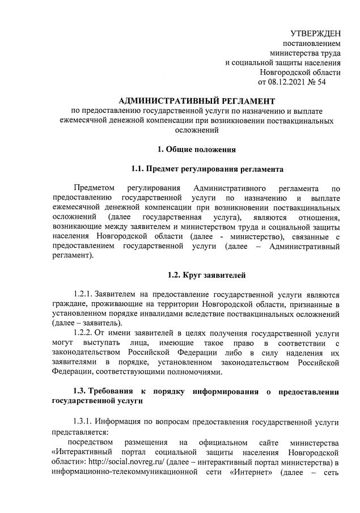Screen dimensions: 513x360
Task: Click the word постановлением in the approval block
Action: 312,43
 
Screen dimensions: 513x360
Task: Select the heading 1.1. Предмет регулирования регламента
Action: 207,169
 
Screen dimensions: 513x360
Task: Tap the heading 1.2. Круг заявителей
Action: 206,276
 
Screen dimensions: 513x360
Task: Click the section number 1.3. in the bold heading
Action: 83,392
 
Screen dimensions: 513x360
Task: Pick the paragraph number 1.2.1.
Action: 83,295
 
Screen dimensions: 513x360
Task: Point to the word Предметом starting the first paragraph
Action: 94,189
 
